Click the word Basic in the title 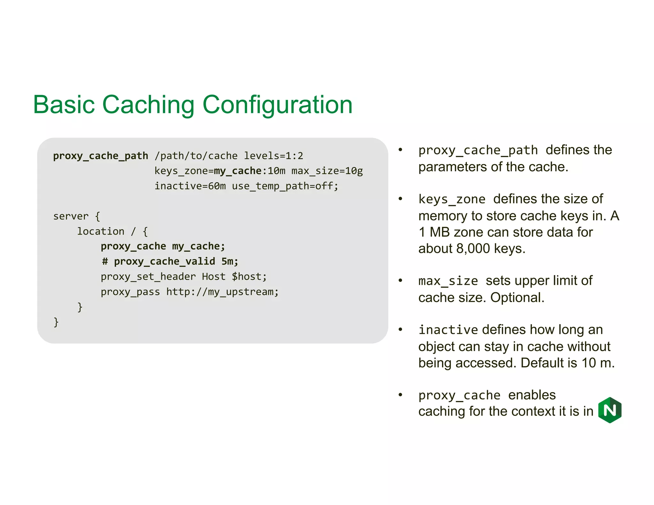(x=64, y=104)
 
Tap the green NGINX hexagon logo (x=610, y=410)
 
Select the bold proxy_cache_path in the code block (x=101, y=156)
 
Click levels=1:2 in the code (x=273, y=156)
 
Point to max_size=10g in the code (x=327, y=171)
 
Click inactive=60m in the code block (x=190, y=186)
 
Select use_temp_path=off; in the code (x=285, y=186)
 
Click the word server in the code (x=71, y=216)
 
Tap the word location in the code (x=101, y=231)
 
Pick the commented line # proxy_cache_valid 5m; (x=170, y=261)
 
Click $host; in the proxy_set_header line (x=249, y=276)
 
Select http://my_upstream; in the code (x=222, y=292)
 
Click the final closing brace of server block (x=56, y=322)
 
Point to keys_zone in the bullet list (x=452, y=200)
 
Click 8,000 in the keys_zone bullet (x=473, y=249)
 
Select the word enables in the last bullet (x=532, y=395)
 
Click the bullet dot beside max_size (x=400, y=281)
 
